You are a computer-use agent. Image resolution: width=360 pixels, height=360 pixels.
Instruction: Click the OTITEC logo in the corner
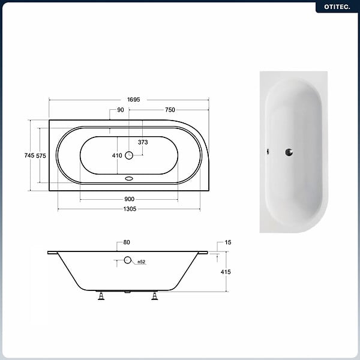point(337,7)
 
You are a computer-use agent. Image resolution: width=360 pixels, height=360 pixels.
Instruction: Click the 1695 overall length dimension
point(134,100)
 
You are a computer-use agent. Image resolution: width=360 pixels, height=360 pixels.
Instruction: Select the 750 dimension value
point(170,110)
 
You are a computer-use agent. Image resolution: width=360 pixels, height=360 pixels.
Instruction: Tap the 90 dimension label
point(121,110)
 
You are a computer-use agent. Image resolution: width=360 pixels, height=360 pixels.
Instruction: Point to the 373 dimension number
point(143,142)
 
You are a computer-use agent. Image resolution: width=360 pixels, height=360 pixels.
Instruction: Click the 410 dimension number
point(117,155)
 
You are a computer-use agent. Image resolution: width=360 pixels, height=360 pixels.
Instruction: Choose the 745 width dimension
point(29,155)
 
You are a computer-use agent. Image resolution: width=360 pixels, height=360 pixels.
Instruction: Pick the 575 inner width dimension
point(41,155)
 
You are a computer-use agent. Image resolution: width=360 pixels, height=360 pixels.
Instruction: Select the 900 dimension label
point(129,199)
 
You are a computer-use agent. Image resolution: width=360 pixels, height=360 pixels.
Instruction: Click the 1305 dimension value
point(130,209)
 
